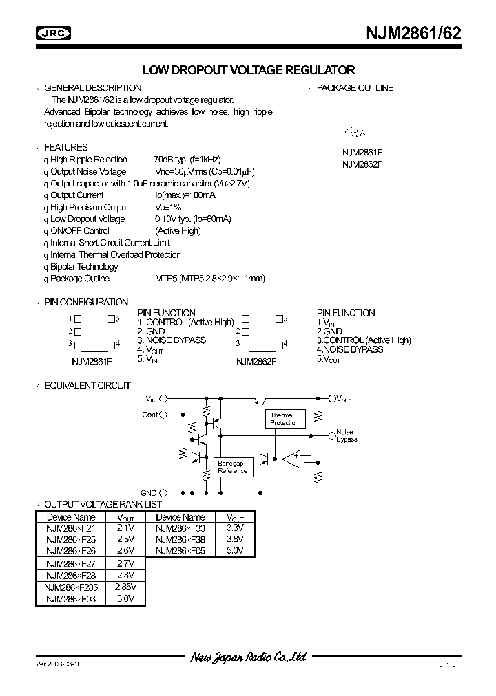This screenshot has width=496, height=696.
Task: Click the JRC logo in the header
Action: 56,32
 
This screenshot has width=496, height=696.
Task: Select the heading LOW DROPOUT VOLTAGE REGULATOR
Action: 248,70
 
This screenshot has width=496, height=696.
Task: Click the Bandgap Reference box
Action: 232,468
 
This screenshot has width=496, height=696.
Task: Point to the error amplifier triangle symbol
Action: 291,458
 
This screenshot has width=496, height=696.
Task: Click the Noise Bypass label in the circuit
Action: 347,435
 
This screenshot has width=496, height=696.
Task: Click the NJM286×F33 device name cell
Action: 180,528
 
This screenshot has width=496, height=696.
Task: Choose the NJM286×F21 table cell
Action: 71,528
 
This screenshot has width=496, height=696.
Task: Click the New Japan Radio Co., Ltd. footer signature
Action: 248,657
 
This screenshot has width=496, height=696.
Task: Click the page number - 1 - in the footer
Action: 446,666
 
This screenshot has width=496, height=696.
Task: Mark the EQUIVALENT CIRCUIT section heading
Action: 87,385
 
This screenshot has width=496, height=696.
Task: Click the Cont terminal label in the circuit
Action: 150,415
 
